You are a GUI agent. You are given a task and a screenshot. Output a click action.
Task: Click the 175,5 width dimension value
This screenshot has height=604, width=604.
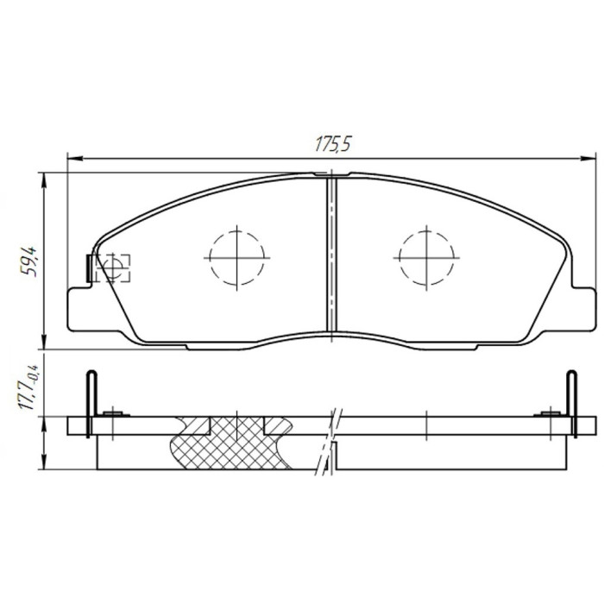(x=333, y=144)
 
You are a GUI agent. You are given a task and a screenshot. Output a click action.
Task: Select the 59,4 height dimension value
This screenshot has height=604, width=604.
(x=28, y=261)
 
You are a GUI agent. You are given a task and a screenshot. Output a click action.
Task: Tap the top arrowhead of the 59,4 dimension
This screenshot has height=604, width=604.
(x=44, y=180)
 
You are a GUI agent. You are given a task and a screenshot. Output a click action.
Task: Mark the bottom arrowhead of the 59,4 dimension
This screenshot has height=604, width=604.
(x=44, y=342)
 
